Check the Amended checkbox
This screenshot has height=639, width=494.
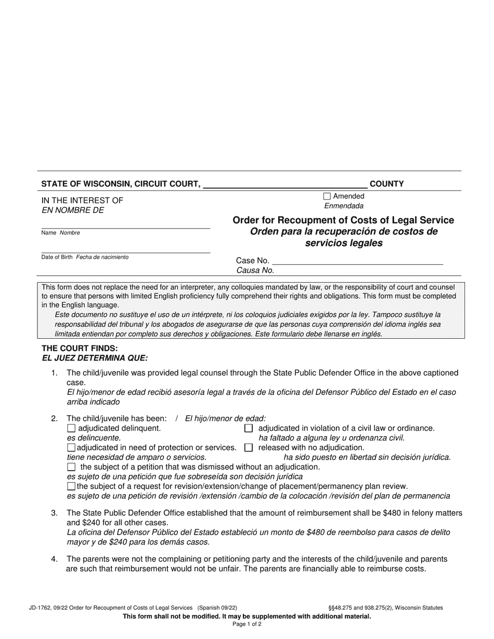(327, 196)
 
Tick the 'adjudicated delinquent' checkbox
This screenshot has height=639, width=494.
(71, 429)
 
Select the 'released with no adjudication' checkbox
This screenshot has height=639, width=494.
(249, 447)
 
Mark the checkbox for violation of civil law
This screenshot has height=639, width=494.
(249, 429)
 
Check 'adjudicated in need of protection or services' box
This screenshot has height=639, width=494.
(71, 447)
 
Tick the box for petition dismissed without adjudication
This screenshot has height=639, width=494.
(71, 467)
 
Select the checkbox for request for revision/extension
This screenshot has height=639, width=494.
(71, 486)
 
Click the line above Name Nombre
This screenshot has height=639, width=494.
(125, 228)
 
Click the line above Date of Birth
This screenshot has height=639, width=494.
(125, 252)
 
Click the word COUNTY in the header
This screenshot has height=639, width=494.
(386, 184)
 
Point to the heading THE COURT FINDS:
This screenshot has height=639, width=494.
(80, 349)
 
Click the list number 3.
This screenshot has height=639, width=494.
(54, 513)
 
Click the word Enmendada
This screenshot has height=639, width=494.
(344, 206)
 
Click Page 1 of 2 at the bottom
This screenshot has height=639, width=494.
(247, 624)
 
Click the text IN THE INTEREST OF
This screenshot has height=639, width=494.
(82, 201)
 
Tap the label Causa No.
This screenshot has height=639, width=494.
(255, 270)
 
